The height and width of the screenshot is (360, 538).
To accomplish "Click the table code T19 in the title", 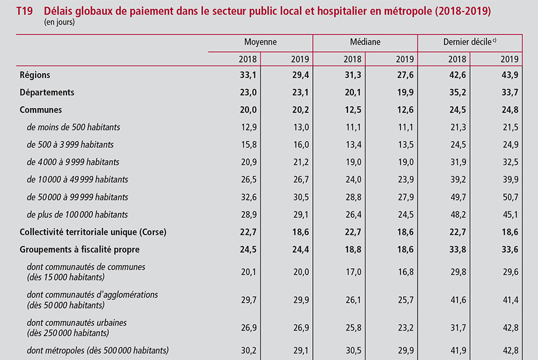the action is [25, 11].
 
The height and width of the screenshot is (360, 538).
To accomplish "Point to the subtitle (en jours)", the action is [60, 22].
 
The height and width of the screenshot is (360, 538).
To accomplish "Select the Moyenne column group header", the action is [260, 42].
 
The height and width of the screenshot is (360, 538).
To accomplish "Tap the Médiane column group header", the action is [365, 42].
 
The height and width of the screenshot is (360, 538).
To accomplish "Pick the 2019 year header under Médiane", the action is [405, 59].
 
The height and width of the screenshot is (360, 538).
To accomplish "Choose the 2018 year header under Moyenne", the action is [248, 59].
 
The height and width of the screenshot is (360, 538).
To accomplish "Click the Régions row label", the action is [35, 75].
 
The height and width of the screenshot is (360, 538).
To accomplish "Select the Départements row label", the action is [47, 92].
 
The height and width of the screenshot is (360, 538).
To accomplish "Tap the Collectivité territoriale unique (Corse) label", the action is [93, 232].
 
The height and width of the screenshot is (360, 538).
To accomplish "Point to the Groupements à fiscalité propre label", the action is [80, 250].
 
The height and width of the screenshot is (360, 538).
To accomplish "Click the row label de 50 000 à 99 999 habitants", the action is [77, 197].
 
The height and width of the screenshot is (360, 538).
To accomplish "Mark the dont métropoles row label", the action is [98, 351].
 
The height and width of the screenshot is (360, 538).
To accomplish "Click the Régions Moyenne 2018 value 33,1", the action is [248, 75].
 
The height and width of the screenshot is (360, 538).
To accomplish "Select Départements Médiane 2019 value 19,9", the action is [405, 92].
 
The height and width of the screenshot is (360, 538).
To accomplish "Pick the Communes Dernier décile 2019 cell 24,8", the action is [510, 110].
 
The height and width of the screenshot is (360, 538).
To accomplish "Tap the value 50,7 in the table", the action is [511, 197].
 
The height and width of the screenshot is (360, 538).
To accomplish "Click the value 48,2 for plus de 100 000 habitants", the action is [458, 214].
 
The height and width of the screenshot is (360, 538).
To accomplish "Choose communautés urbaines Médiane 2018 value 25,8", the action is [353, 328].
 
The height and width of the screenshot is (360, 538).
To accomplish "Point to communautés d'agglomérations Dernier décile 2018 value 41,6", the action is [458, 300].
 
